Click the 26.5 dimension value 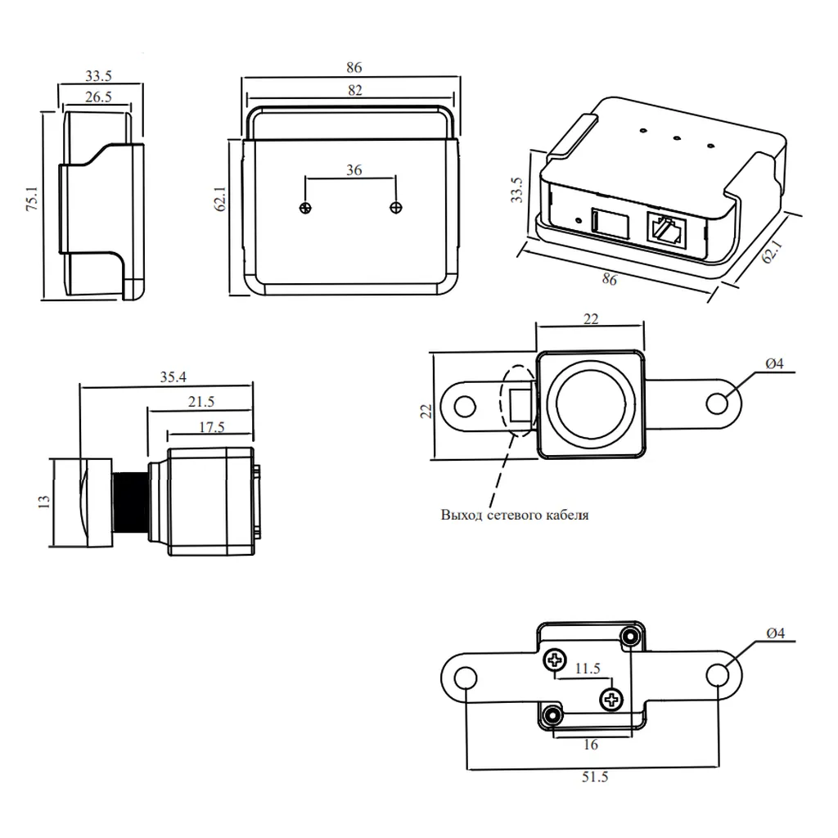(97, 97)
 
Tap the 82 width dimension (354, 90)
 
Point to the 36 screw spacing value (354, 170)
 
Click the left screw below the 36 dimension (305, 208)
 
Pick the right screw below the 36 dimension (397, 208)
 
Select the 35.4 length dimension (173, 376)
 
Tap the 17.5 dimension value (210, 426)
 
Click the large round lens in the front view (592, 404)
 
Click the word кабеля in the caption (567, 516)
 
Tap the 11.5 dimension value (587, 669)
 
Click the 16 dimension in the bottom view (592, 744)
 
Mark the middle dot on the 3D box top (678, 137)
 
